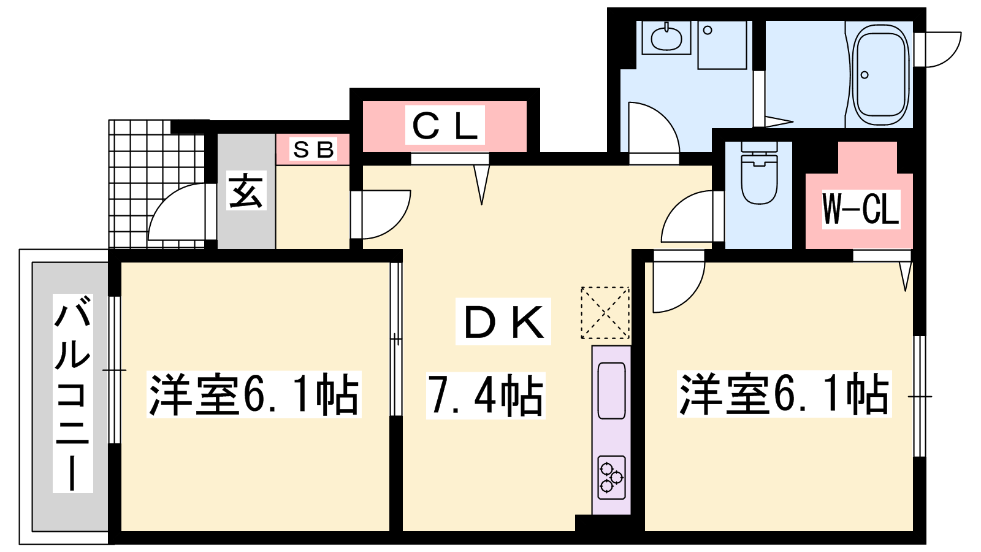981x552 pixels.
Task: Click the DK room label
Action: pos(503,321)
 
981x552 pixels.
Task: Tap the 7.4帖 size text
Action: pos(486,395)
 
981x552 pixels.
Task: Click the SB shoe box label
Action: pos(313,149)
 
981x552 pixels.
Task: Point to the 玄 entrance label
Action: pos(246,190)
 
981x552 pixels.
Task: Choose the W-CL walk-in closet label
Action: pos(861,209)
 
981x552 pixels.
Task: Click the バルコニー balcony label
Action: pos(73,393)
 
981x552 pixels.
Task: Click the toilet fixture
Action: pos(759,172)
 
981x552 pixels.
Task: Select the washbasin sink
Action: pos(666,38)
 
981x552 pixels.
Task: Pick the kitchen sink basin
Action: pos(611,390)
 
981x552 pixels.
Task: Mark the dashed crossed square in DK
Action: pos(605,313)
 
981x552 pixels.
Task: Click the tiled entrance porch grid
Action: pos(156,184)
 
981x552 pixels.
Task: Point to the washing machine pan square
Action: pos(722,45)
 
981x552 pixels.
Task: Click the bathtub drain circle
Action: pos(864,75)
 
